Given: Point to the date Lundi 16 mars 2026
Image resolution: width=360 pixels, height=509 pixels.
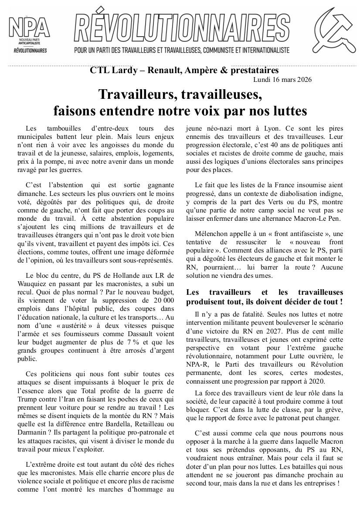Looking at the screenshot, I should [x=282, y=80].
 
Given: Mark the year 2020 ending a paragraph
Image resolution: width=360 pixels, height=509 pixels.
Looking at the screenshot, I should [x=316, y=381].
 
